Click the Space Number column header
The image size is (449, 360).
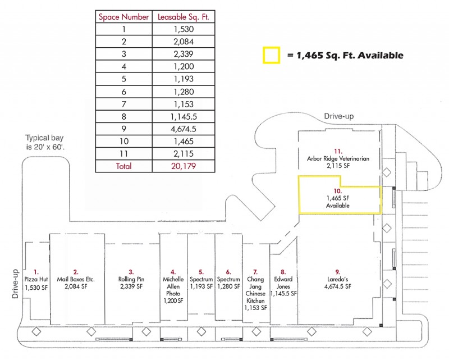[123, 17]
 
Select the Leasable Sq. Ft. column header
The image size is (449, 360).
[184, 17]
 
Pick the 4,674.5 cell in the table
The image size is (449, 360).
[184, 129]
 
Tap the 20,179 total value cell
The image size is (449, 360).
[184, 166]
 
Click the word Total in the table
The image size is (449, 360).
[123, 166]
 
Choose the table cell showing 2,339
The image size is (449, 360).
[184, 54]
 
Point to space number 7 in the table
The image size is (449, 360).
[123, 104]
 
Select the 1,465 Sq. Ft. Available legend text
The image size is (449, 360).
[345, 55]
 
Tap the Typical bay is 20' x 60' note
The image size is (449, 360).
[45, 142]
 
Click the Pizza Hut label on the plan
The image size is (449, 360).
[36, 279]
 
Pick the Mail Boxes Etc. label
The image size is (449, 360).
[76, 279]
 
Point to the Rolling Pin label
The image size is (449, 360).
[131, 279]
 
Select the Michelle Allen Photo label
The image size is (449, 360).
[173, 286]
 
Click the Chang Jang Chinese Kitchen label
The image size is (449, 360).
[255, 290]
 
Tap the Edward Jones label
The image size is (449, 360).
[283, 282]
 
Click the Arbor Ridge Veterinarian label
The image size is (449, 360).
[338, 158]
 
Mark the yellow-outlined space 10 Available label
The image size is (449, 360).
[338, 198]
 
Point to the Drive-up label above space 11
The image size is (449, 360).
[339, 116]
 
